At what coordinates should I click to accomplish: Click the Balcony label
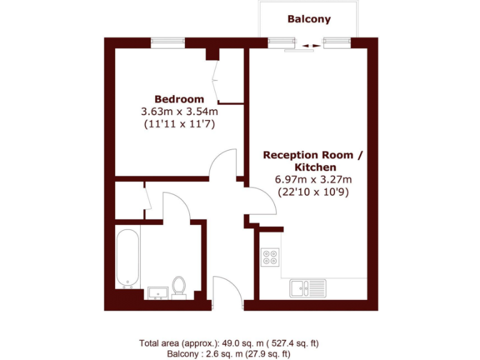(x=309, y=19)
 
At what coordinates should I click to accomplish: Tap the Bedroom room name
(x=179, y=99)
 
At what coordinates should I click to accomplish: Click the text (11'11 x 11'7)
(x=179, y=124)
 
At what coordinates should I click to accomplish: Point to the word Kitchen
(x=315, y=167)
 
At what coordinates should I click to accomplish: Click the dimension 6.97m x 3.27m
(x=313, y=179)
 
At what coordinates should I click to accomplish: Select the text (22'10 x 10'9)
(x=313, y=192)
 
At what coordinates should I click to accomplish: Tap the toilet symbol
(x=179, y=286)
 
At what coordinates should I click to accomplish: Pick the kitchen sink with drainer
(x=307, y=289)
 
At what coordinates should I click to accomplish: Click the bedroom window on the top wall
(x=168, y=42)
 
